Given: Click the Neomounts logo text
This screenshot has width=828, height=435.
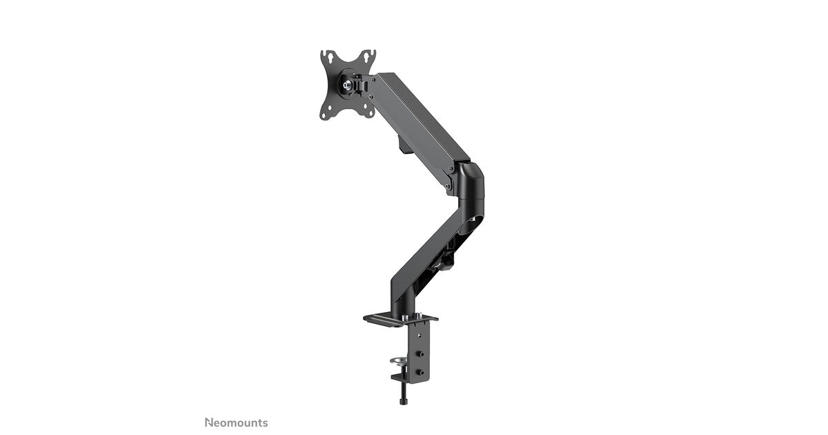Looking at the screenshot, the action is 236,423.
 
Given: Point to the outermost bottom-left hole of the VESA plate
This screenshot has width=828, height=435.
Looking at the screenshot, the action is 324,117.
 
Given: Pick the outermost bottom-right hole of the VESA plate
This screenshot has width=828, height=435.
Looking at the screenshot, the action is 370,115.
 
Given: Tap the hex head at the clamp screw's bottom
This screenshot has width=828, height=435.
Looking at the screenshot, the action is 403,402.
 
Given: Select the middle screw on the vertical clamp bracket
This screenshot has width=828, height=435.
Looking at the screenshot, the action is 421,354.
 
